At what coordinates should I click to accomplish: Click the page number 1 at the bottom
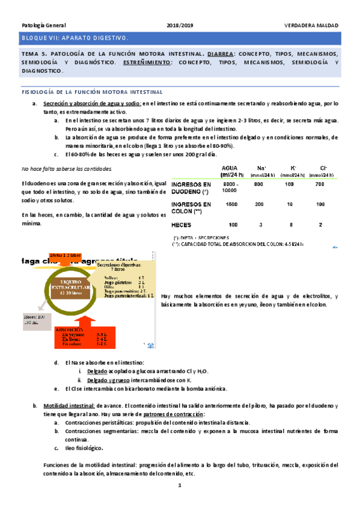(x=180, y=485)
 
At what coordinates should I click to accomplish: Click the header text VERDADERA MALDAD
(x=311, y=26)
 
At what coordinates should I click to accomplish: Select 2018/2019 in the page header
(x=180, y=26)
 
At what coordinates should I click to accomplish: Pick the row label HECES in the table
(x=181, y=225)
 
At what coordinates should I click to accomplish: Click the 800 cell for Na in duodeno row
(x=259, y=184)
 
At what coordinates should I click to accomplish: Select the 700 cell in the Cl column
(x=320, y=184)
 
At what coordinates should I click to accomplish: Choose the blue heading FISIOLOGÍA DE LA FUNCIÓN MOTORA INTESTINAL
(x=92, y=92)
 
